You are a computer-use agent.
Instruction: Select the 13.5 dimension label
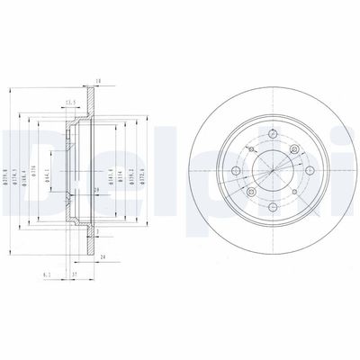pos(68,103)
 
